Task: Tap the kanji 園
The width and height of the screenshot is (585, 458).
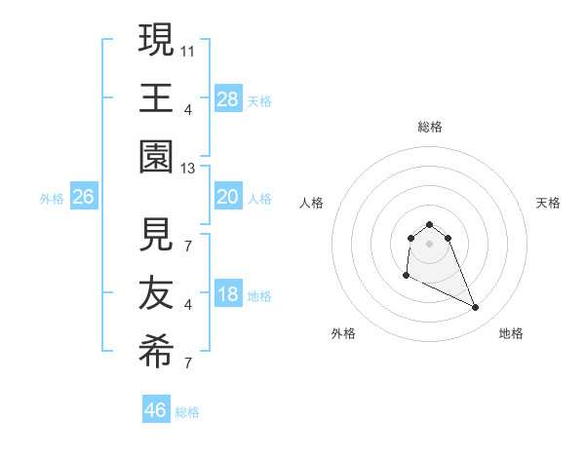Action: pyautogui.click(x=157, y=155)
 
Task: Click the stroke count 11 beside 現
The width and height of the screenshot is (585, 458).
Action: pyautogui.click(x=188, y=48)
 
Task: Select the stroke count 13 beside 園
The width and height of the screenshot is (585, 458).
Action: pyautogui.click(x=188, y=169)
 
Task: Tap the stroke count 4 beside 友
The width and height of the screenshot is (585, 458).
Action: pyautogui.click(x=188, y=305)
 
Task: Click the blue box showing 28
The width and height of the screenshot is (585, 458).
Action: pyautogui.click(x=228, y=98)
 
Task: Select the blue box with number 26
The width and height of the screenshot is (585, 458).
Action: pyautogui.click(x=84, y=198)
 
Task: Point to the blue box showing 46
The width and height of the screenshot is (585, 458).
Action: pyautogui.click(x=156, y=410)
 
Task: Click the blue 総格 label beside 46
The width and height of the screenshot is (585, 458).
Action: pyautogui.click(x=188, y=412)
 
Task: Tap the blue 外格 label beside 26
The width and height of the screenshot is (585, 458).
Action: pyautogui.click(x=52, y=199)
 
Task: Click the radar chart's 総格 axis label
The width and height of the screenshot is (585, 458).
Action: pyautogui.click(x=430, y=127)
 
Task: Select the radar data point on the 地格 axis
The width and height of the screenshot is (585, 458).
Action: pyautogui.click(x=476, y=308)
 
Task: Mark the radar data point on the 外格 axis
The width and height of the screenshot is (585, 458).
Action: pyautogui.click(x=406, y=277)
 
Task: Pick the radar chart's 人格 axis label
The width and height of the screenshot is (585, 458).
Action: pyautogui.click(x=312, y=203)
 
